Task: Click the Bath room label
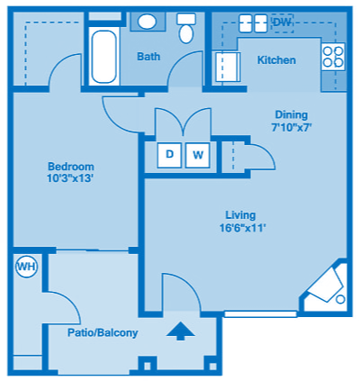coord(148,57)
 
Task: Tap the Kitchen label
coord(276,60)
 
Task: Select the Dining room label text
coord(291,114)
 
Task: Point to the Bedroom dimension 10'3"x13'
coord(70,179)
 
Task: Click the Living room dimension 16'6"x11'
coord(240,228)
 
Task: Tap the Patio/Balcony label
coord(103,332)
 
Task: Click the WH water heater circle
coord(25,268)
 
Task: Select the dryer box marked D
coord(168,154)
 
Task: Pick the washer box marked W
coord(199,154)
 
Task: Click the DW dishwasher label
coord(282,22)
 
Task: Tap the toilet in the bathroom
coord(187,30)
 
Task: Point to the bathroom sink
coord(147,22)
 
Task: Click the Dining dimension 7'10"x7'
coord(291,127)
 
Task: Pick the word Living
coord(240,215)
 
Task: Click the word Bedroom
coord(70,167)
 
